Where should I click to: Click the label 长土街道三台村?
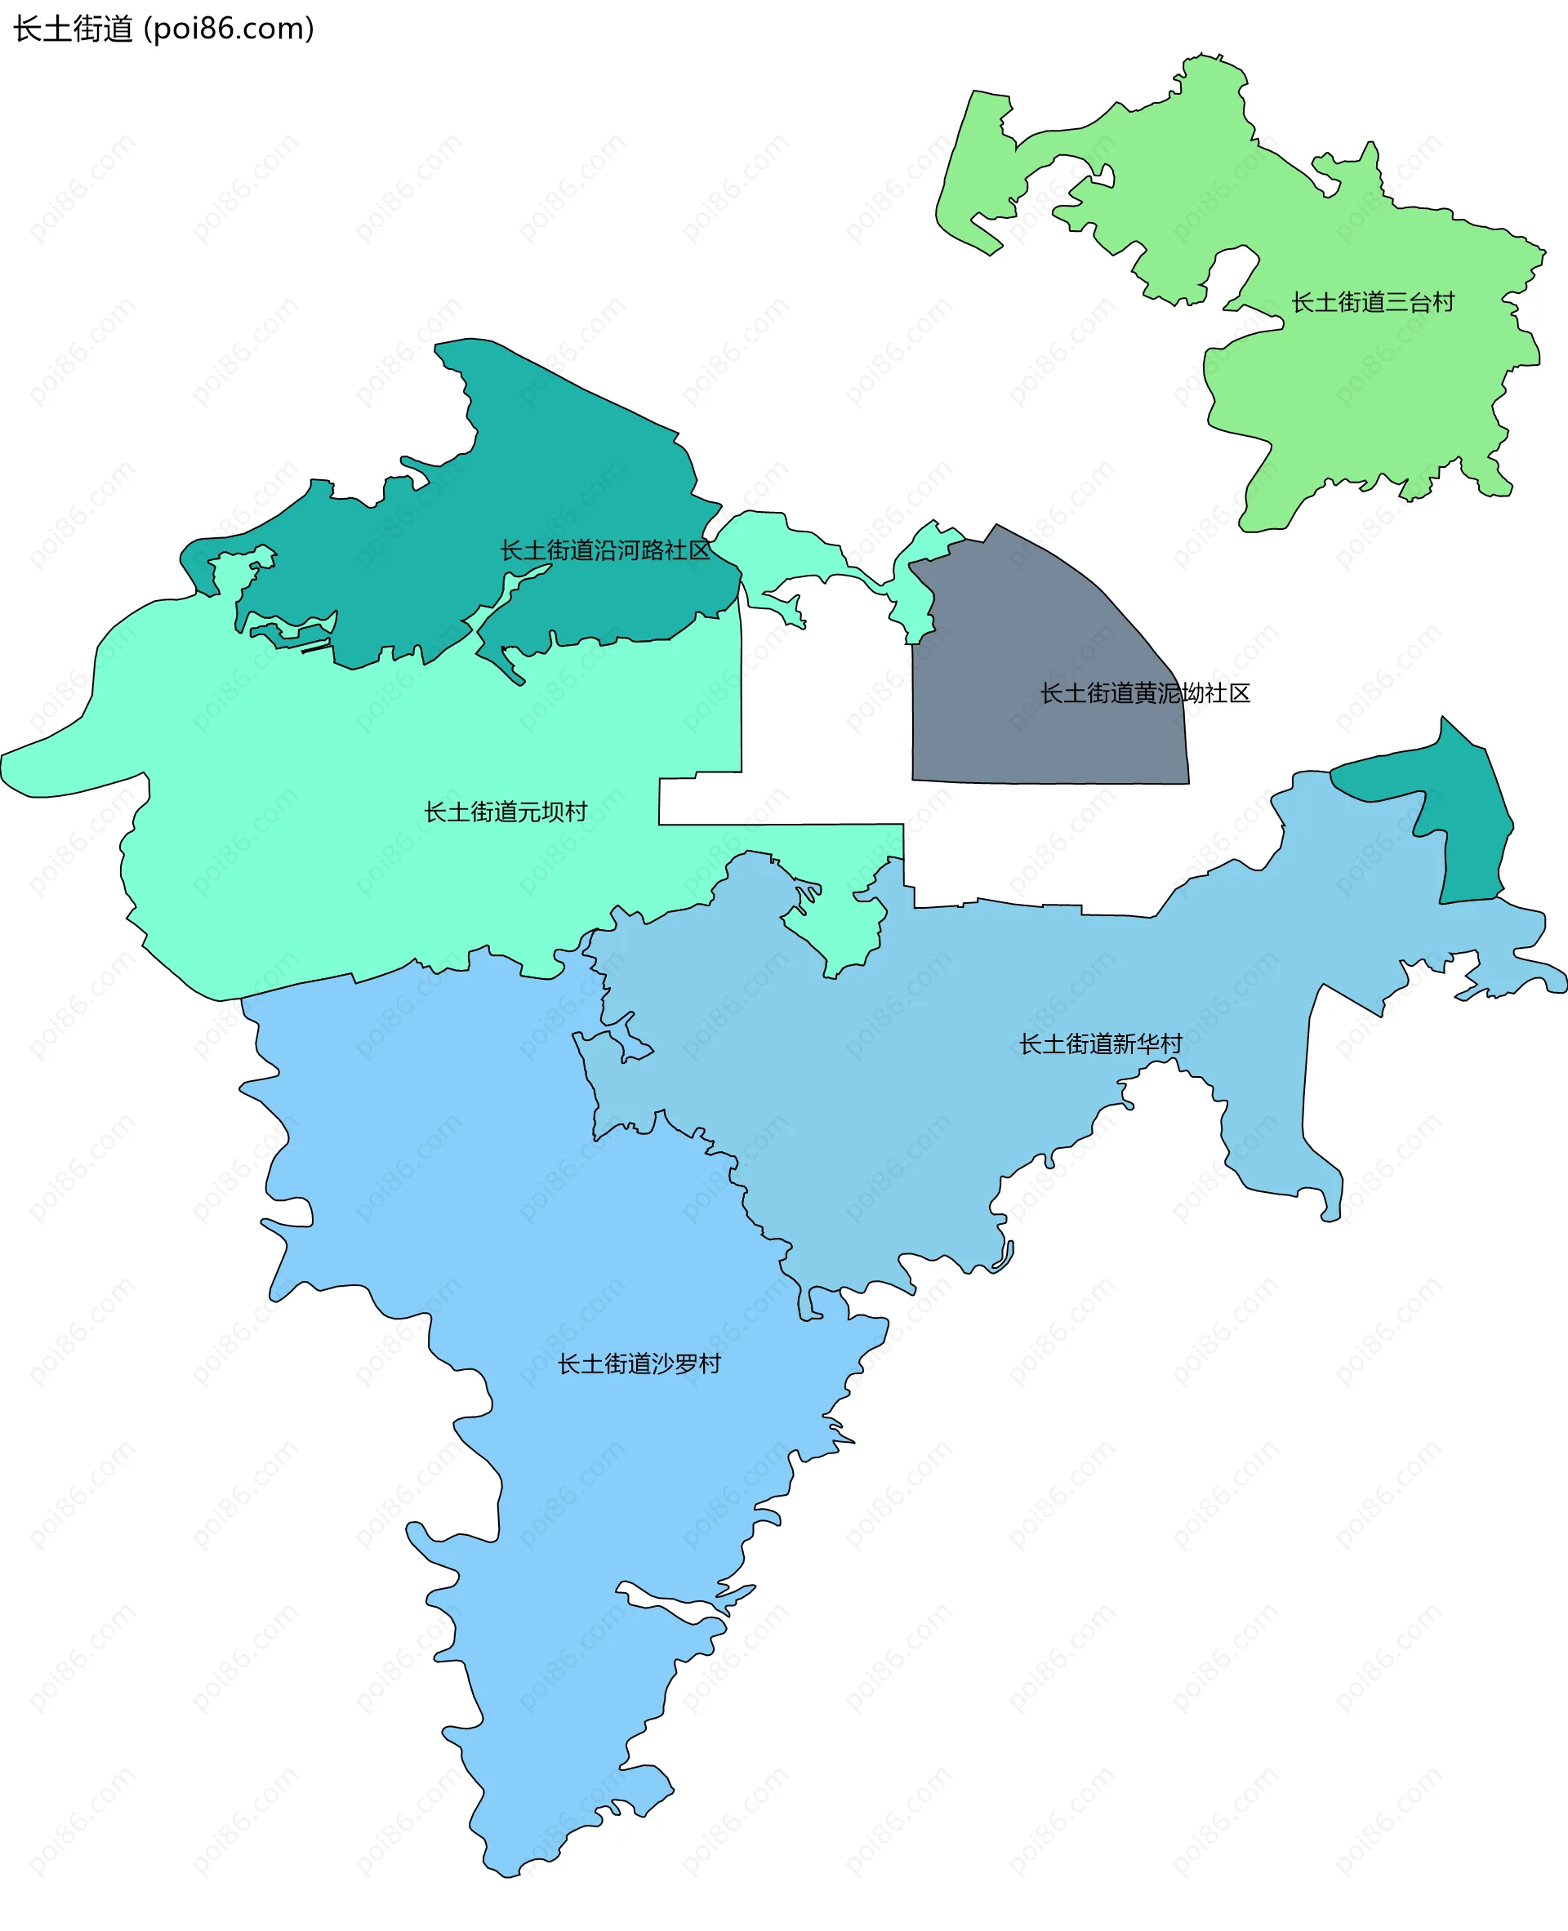tap(1372, 303)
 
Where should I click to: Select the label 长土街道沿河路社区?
tap(605, 550)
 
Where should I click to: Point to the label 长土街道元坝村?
tap(506, 812)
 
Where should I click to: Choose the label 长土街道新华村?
tap(1100, 1044)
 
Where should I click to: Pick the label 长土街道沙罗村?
tap(639, 1364)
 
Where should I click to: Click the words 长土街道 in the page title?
tap(72, 29)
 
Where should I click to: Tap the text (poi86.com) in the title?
tap(229, 29)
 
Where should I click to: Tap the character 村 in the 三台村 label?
tap(1443, 303)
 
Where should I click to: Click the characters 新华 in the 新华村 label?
tap(1135, 1044)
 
